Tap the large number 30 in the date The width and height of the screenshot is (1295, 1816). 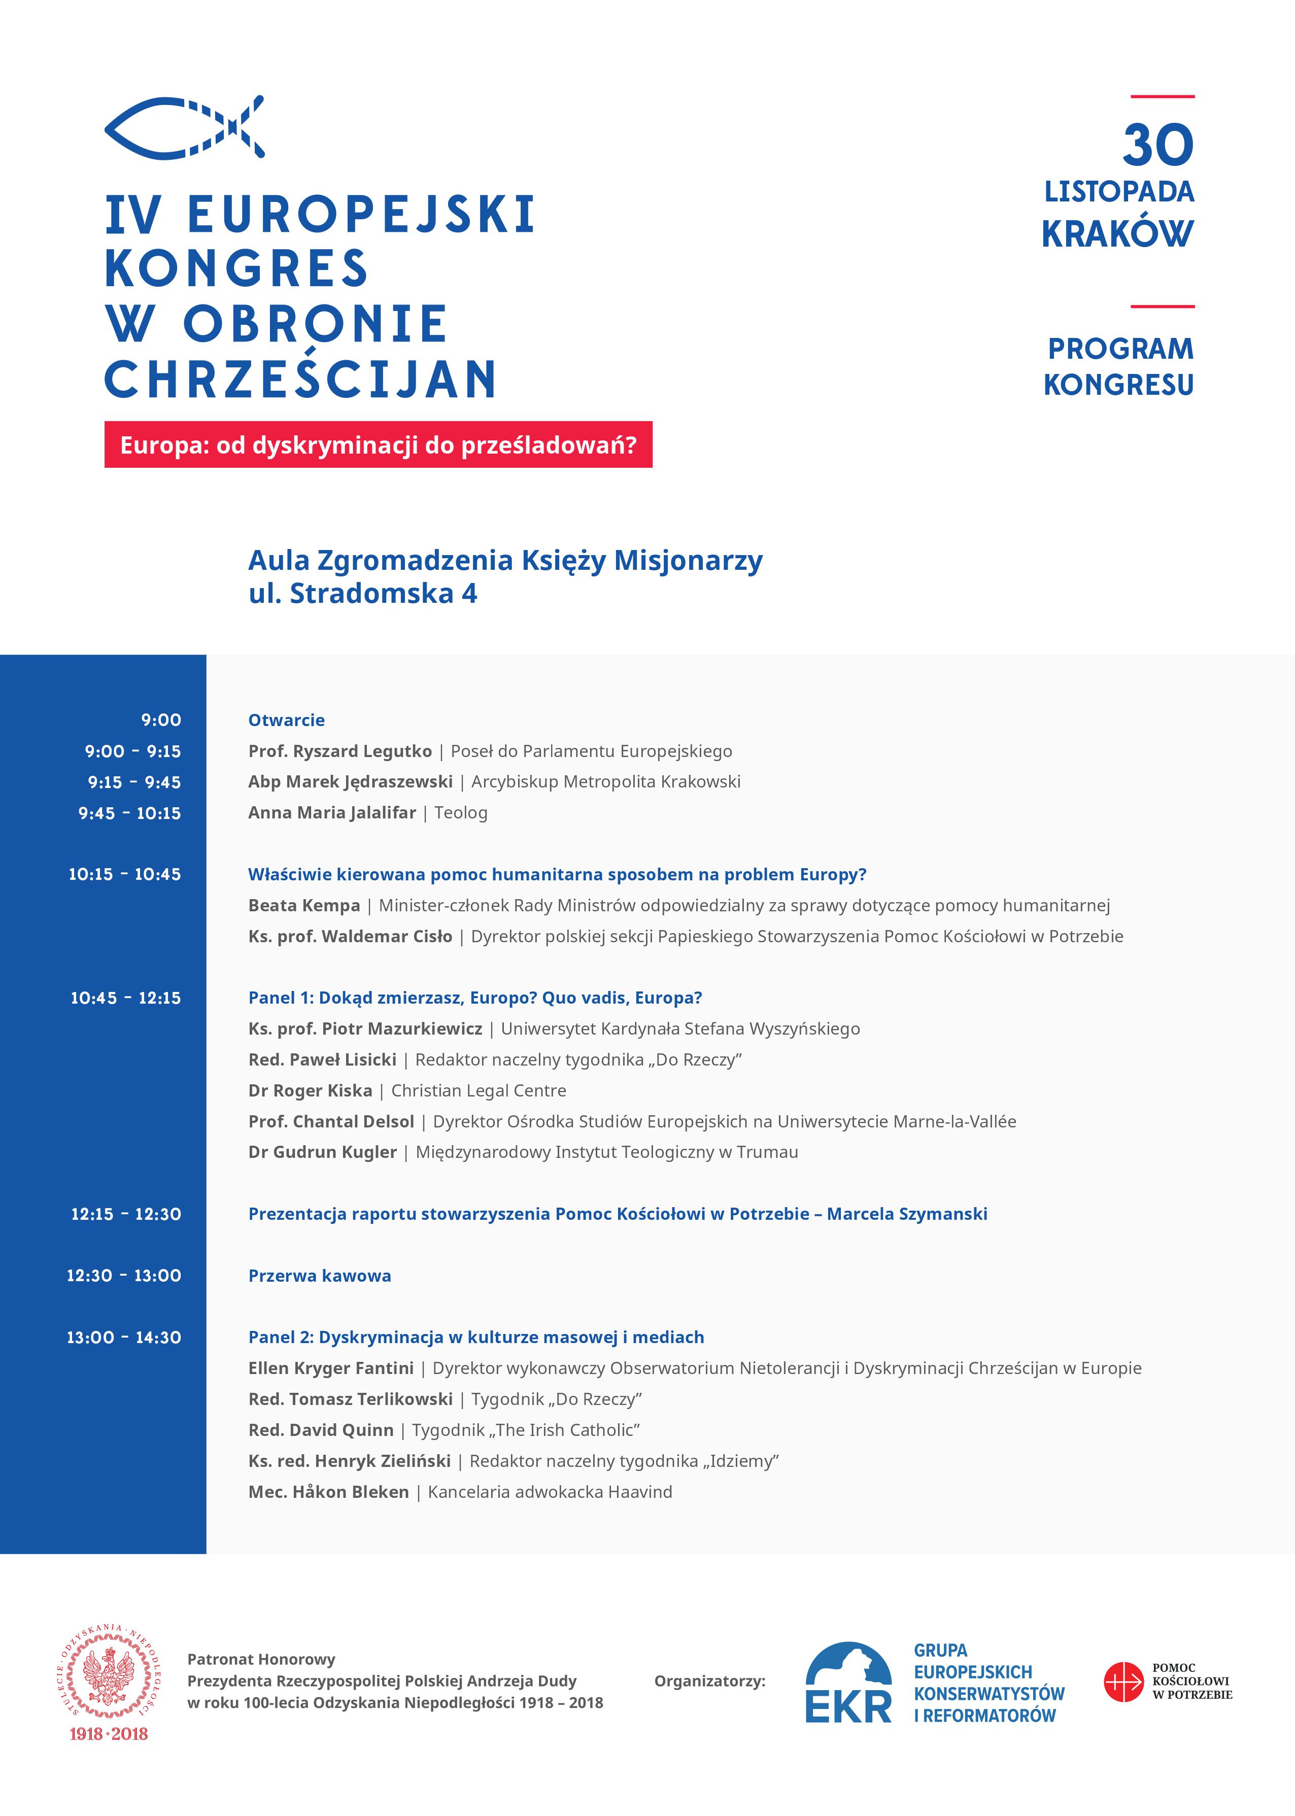[x=1158, y=145]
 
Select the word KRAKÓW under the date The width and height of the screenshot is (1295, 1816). [x=1117, y=233]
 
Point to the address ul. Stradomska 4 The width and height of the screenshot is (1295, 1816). [x=363, y=594]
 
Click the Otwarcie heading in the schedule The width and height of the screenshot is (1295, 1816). [x=286, y=720]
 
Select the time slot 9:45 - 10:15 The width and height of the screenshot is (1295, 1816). [x=129, y=813]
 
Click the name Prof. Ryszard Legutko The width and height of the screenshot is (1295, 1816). [x=339, y=751]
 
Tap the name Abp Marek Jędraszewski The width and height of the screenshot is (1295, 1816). [x=350, y=782]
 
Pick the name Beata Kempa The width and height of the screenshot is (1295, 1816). [x=304, y=906]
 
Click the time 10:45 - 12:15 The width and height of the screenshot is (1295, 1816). [x=126, y=998]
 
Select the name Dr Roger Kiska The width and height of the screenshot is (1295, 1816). [x=310, y=1090]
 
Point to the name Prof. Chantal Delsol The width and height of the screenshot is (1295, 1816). [x=331, y=1122]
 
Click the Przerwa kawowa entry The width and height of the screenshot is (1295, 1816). [x=320, y=1276]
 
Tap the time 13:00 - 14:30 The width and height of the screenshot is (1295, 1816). [x=124, y=1337]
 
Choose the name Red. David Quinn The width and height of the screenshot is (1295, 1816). [x=321, y=1430]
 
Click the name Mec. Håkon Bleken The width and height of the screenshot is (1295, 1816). [x=328, y=1492]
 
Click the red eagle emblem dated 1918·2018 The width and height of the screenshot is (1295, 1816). [x=109, y=1682]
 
